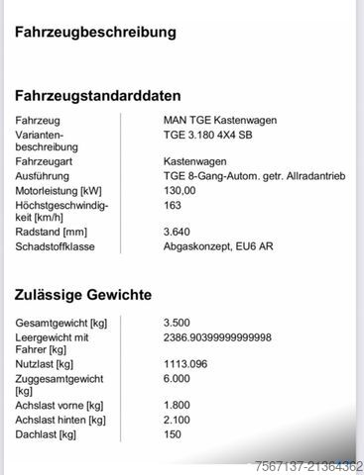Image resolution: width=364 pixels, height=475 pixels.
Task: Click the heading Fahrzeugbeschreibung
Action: coord(95,33)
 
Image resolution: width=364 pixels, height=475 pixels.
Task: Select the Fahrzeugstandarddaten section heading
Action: coord(97,96)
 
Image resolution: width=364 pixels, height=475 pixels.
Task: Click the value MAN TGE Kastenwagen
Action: coord(220,121)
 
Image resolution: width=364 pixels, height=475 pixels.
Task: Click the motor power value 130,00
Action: coord(181,190)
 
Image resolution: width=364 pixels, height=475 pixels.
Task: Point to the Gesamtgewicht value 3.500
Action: coord(178,324)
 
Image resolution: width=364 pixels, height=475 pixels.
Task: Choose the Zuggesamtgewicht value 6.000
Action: coord(178,379)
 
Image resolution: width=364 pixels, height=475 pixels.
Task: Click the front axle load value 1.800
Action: coord(178,405)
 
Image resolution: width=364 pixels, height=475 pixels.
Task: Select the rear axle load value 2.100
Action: coord(178,420)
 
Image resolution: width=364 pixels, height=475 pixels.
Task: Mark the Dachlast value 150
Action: coord(173,434)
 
